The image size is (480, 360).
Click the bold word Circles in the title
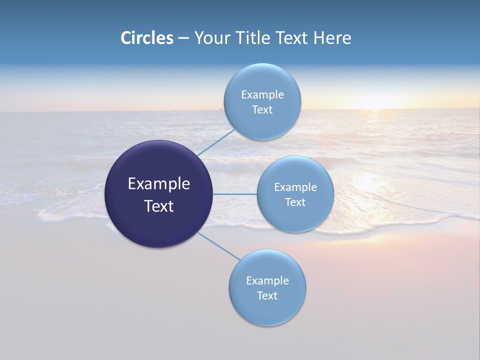coord(147,38)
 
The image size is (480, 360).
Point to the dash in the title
coord(183,38)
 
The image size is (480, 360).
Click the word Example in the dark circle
coord(158,184)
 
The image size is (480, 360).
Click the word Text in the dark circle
coord(158,206)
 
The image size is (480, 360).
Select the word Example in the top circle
coord(262,94)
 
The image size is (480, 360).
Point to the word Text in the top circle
coord(262,109)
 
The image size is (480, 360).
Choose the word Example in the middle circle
coord(295,187)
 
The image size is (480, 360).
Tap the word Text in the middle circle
coord(295,202)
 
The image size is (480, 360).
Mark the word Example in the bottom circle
coord(267,280)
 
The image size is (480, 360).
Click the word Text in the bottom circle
coord(267,295)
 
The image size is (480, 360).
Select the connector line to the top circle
coord(216,142)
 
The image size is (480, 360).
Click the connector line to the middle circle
coord(235,194)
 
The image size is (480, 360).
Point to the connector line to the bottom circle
coord(219,246)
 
